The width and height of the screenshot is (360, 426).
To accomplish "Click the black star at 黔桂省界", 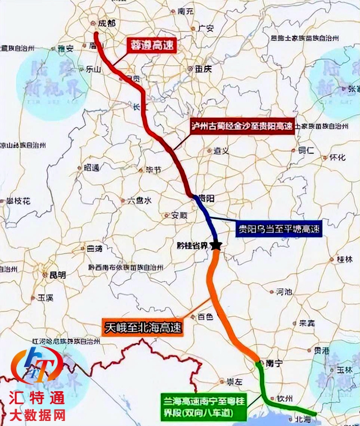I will point(217,246).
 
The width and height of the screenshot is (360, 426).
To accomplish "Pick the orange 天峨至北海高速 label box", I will point(142,327).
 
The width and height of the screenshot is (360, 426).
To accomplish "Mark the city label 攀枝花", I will point(18,201).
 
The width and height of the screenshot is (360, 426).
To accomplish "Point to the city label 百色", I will point(205,317).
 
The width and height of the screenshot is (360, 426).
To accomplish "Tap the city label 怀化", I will point(337,158).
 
